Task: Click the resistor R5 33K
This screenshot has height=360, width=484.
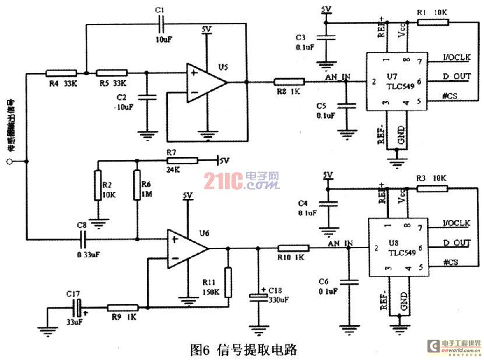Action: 111,74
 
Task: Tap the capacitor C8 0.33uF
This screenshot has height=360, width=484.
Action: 83,238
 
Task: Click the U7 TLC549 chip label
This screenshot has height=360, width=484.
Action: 397,81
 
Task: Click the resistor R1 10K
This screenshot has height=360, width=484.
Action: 433,22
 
